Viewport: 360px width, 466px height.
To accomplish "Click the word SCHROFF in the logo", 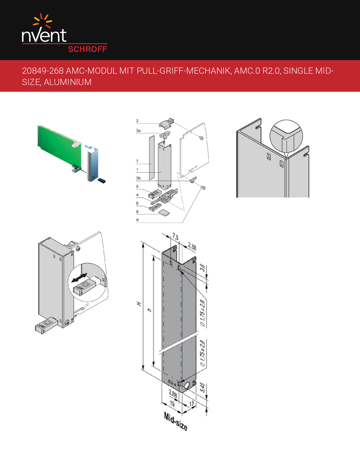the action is [x=87, y=49].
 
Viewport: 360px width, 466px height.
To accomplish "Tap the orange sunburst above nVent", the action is [x=43, y=20].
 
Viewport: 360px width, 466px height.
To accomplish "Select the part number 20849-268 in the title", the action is [x=43, y=71].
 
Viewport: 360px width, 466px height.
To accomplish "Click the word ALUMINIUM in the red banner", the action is [x=67, y=82].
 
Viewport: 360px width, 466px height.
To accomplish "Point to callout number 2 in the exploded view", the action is [x=137, y=121].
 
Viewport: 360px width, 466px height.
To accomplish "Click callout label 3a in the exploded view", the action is [x=138, y=130].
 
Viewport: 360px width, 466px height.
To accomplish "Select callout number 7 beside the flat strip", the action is [x=137, y=161].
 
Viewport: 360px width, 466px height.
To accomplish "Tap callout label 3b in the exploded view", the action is [x=138, y=178].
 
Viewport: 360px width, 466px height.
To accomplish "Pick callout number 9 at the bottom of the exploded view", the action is [x=137, y=220].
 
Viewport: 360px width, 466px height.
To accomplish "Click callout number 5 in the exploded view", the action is [x=137, y=186].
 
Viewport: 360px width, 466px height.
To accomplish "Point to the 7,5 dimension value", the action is [x=175, y=237].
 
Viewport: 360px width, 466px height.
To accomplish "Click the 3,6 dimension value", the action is [x=202, y=268].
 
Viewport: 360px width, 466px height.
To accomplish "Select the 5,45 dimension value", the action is [x=202, y=387].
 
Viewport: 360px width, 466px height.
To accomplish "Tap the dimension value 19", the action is [x=172, y=404].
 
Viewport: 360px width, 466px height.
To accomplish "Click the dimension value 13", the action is [x=191, y=404].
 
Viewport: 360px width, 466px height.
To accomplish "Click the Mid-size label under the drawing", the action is [x=175, y=422].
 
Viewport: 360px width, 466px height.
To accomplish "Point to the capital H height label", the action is [x=139, y=303].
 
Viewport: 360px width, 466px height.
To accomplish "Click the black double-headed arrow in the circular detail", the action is [x=79, y=278].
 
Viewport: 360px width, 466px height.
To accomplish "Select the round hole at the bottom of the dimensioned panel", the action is [x=188, y=386].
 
